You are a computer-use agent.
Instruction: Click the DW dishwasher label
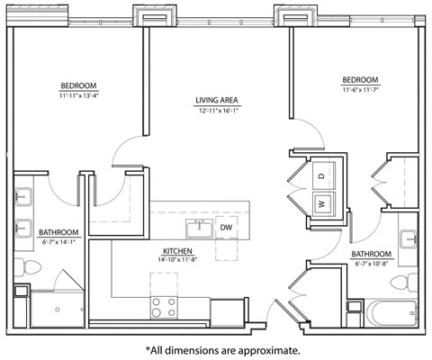tap(226, 228)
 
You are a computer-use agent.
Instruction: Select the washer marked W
tap(321, 204)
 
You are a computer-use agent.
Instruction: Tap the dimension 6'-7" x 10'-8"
tap(371, 265)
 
